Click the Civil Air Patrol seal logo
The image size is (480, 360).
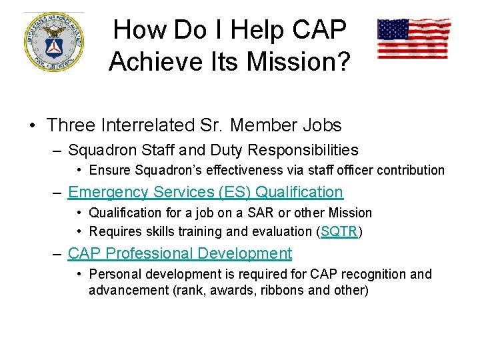pos(54,41)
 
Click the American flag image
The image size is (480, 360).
pos(413,38)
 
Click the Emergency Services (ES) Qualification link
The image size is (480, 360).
pos(205,192)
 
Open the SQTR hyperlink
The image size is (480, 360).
pos(339,231)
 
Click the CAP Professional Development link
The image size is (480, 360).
pos(180,253)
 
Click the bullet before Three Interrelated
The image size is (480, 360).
pos(32,125)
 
